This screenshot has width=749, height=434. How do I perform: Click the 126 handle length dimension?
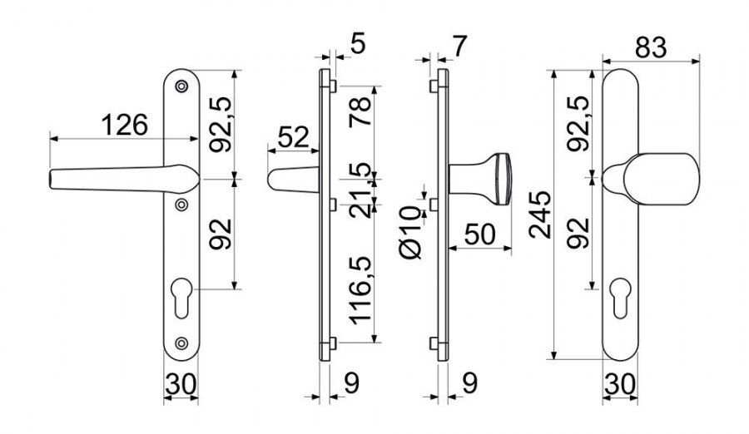pyautogui.click(x=125, y=125)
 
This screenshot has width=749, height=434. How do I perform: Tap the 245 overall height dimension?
pyautogui.click(x=540, y=215)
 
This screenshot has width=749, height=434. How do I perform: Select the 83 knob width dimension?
pyautogui.click(x=651, y=47)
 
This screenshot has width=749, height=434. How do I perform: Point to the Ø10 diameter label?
pyautogui.click(x=411, y=233)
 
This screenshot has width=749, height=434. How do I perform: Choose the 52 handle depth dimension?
pyautogui.click(x=293, y=137)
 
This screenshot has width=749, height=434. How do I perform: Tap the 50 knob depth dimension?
pyautogui.click(x=479, y=234)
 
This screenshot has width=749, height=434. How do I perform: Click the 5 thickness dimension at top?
pyautogui.click(x=357, y=44)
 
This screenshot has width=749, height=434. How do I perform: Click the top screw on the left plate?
pyautogui.click(x=181, y=86)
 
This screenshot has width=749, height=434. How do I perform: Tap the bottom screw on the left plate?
pyautogui.click(x=181, y=343)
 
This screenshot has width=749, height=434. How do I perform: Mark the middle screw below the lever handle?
pyautogui.click(x=181, y=205)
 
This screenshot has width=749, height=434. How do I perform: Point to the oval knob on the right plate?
pyautogui.click(x=662, y=179)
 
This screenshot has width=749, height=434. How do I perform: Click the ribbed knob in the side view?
pyautogui.click(x=502, y=179)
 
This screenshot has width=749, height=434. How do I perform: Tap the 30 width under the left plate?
pyautogui.click(x=181, y=384)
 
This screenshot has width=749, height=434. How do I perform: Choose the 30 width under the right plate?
pyautogui.click(x=619, y=384)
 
